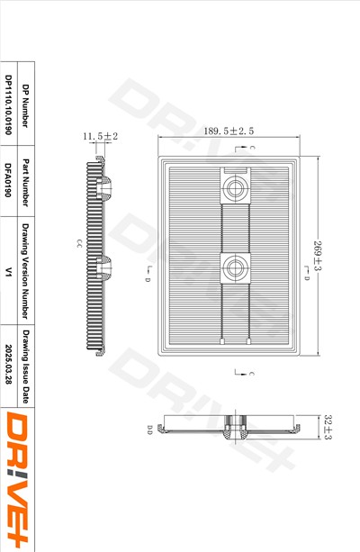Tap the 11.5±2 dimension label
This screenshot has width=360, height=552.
[x=101, y=136]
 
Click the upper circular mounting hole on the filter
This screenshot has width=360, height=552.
[x=237, y=187]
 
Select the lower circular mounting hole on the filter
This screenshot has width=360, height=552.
[x=237, y=266]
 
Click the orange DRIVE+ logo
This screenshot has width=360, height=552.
[x=19, y=480]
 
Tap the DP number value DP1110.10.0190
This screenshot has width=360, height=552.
[x=8, y=113]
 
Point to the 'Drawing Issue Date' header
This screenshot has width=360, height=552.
[x=26, y=364]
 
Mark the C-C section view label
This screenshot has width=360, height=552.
[x=79, y=244]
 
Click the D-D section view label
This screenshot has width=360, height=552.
[x=150, y=429]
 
